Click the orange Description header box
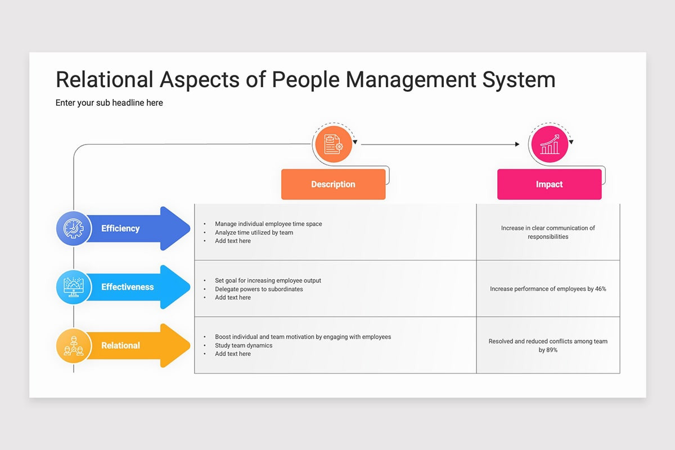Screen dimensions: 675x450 tap(333, 184)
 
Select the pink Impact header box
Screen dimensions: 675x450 tap(550, 184)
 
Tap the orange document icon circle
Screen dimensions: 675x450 tap(333, 144)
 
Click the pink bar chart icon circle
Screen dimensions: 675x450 tap(550, 144)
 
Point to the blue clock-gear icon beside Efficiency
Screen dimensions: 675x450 tap(74, 228)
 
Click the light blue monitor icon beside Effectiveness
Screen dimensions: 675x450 tap(74, 287)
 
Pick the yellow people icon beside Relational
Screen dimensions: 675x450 tap(74, 345)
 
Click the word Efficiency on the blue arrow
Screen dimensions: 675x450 tap(120, 228)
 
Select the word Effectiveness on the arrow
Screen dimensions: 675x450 tap(128, 287)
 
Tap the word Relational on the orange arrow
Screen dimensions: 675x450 tap(120, 345)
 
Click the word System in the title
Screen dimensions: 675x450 tap(519, 80)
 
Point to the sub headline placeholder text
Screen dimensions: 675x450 tap(109, 103)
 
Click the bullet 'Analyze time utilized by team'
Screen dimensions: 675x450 tap(254, 232)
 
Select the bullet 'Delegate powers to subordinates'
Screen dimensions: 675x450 tap(259, 289)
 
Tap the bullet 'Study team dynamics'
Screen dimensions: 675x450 tap(244, 345)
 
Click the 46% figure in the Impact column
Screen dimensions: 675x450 tap(601, 289)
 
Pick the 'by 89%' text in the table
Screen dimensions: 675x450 tap(548, 350)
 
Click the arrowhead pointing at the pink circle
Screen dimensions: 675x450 tap(517, 145)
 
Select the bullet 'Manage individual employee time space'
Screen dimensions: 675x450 tap(268, 224)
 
